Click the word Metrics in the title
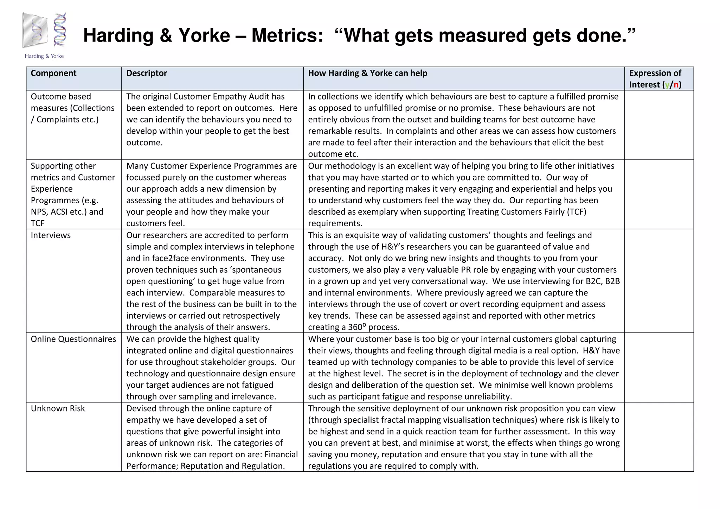click(x=287, y=36)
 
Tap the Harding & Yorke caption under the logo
click(x=44, y=56)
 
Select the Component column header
click(x=53, y=73)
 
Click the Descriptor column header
click(x=147, y=73)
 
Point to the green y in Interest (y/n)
click(x=667, y=85)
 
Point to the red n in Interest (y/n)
click(x=676, y=85)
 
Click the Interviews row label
click(x=51, y=235)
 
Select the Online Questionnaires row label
click(x=73, y=339)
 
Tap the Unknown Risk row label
click(x=58, y=408)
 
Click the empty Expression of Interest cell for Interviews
click(x=659, y=281)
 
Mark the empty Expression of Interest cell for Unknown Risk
click(x=659, y=437)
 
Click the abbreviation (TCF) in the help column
click(x=577, y=212)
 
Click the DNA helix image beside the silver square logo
click(x=60, y=30)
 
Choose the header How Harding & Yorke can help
click(x=368, y=73)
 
